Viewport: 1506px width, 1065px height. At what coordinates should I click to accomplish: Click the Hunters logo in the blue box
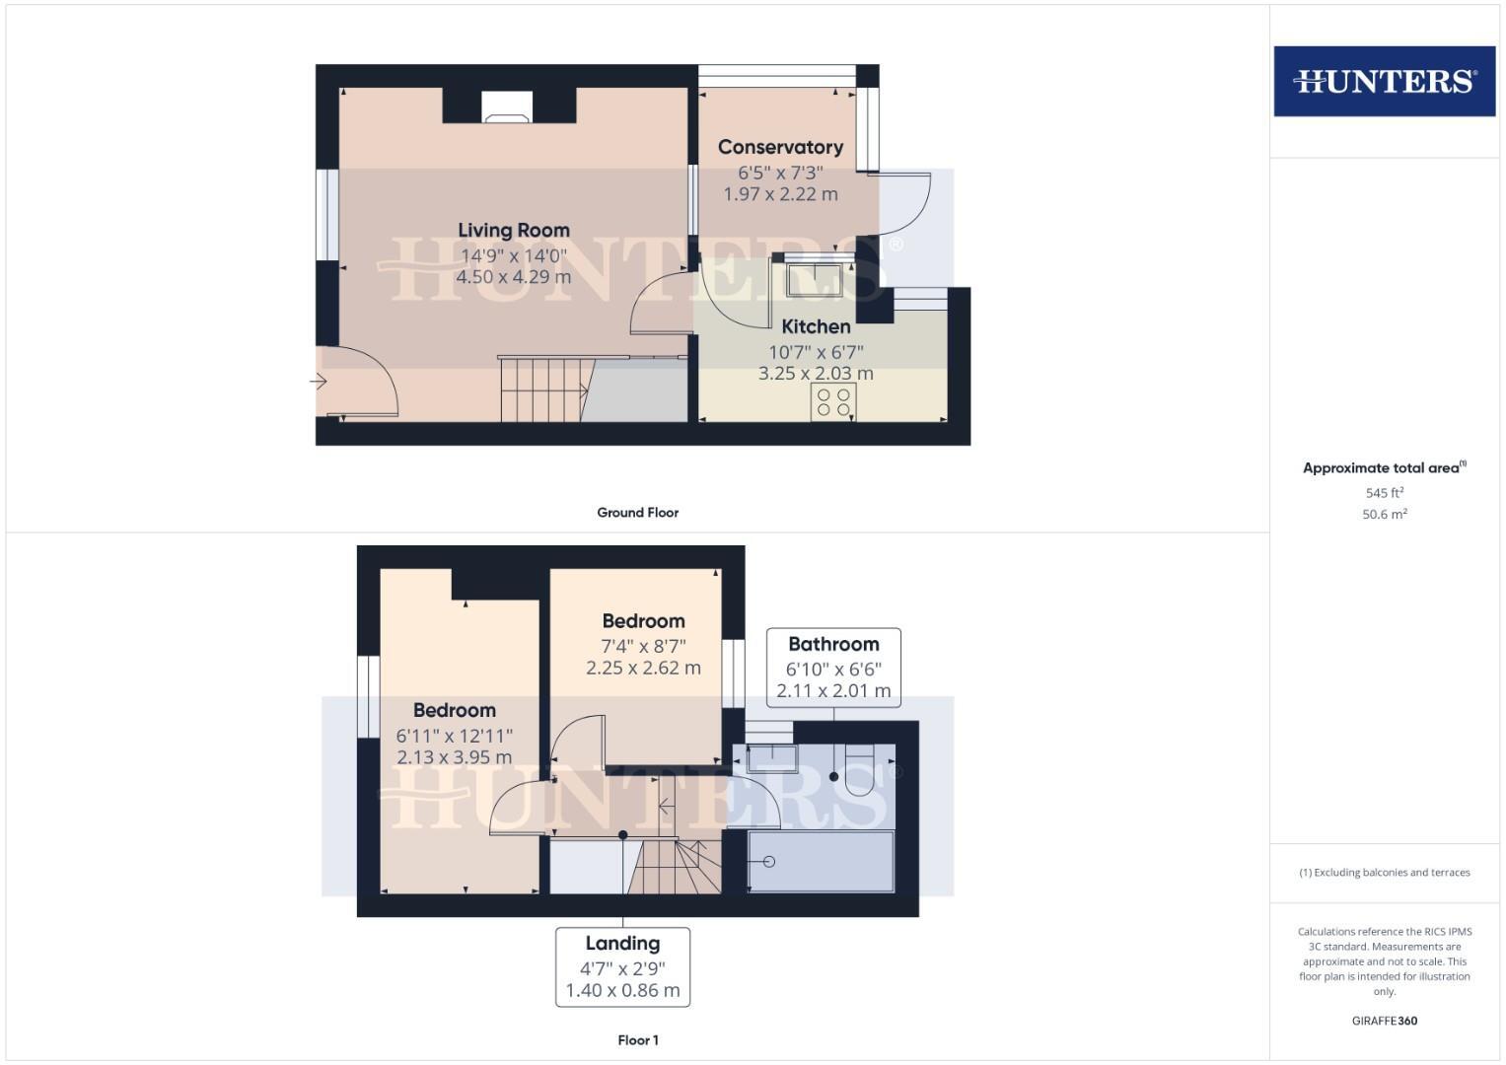1384,81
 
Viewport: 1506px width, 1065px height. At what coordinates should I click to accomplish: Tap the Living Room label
514,231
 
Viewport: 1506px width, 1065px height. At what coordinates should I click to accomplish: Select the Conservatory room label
780,147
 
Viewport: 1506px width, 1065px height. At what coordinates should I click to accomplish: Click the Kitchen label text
816,326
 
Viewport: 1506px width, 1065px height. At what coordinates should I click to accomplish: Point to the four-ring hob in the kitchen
833,402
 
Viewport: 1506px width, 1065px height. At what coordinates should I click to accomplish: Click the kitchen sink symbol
814,278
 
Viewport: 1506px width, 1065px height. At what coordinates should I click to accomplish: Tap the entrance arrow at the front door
319,381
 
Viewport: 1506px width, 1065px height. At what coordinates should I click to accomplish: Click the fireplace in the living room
508,107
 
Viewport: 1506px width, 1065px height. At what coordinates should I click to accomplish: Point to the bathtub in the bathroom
821,862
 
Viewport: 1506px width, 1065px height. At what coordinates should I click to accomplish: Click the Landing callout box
622,966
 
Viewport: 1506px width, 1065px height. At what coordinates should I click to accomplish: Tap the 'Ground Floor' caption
638,513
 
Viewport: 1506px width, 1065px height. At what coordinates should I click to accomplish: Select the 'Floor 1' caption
638,1040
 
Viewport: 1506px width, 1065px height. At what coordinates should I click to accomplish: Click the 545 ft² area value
1384,493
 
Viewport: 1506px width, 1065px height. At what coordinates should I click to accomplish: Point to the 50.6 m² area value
1384,515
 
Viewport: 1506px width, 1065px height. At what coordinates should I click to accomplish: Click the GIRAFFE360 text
1384,1022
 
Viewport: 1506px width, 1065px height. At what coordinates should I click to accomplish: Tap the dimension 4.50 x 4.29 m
514,277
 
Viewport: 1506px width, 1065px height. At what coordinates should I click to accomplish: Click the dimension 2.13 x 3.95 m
455,757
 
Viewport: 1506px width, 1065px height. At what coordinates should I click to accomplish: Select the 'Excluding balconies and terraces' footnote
1384,873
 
